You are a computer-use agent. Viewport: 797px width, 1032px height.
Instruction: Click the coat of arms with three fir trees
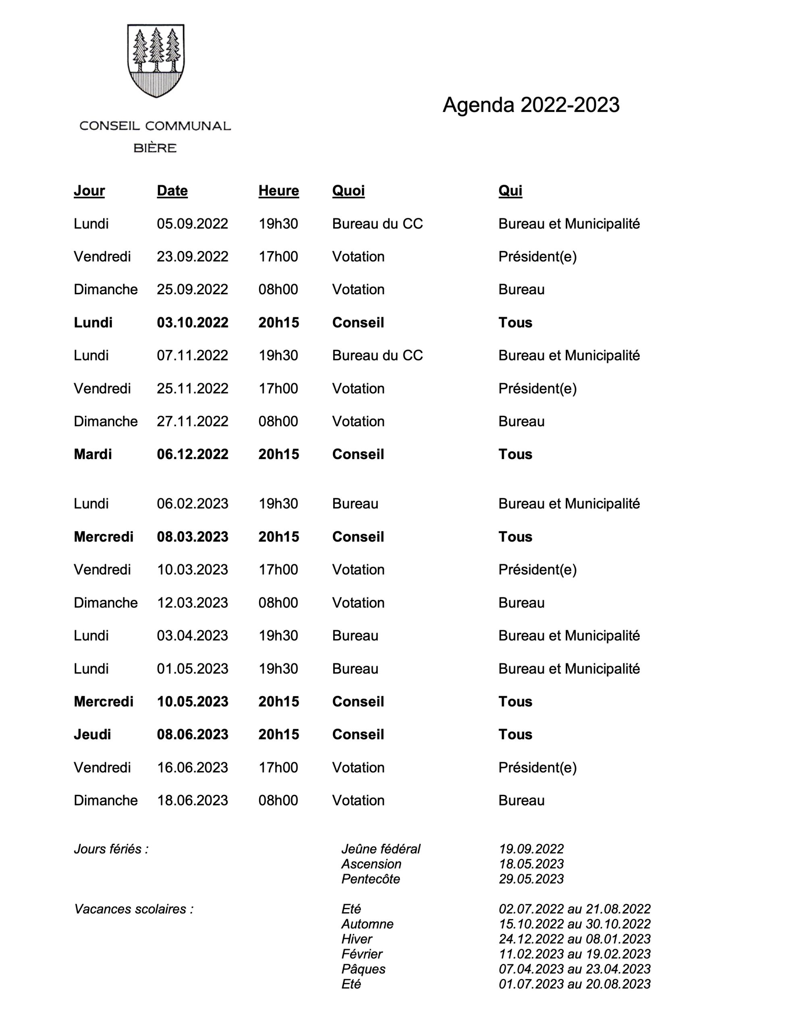[156, 60]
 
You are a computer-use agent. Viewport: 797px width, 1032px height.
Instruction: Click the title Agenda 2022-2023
[531, 105]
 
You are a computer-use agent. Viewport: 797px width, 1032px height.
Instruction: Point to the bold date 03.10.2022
[192, 323]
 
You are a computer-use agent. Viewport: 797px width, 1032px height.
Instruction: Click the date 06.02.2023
[192, 504]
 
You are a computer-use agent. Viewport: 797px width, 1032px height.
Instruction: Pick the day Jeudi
[92, 734]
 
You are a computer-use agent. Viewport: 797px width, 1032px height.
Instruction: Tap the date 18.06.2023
[192, 801]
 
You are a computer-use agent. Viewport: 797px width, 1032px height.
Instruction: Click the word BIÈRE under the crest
[155, 148]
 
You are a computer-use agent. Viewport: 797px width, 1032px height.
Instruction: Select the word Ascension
[372, 864]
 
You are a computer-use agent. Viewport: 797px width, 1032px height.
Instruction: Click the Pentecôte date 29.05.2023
[531, 879]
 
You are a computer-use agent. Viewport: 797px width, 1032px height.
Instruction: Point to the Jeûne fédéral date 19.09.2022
[531, 849]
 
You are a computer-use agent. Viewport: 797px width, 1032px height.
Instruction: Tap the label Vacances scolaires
[134, 909]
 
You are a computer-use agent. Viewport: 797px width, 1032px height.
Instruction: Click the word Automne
[367, 924]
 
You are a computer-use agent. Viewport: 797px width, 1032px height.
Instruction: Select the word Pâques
[363, 969]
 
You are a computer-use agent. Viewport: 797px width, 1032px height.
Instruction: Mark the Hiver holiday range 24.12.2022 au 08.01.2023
[575, 939]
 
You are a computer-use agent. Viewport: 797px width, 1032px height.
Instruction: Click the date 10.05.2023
[192, 702]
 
